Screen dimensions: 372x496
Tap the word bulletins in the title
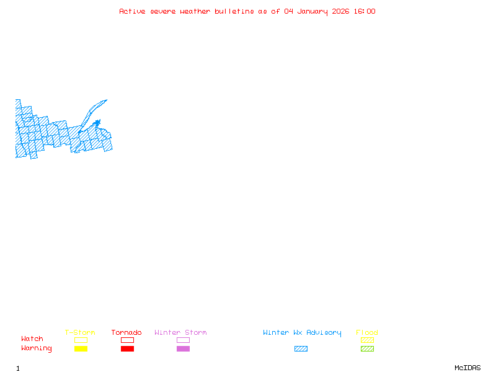tap(234, 11)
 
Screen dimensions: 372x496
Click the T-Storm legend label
tap(80, 333)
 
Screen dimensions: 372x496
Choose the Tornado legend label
tap(126, 333)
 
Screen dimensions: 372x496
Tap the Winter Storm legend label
tap(180, 333)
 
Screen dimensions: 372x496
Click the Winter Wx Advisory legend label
tap(302, 333)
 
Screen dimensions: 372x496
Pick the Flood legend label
tap(367, 333)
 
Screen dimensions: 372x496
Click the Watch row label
tap(32, 339)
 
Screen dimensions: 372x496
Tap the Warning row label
tap(37, 348)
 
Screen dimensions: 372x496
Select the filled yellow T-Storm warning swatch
tap(81, 349)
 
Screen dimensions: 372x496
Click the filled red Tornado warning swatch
tap(127, 349)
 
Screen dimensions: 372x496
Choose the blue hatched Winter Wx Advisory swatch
tap(301, 349)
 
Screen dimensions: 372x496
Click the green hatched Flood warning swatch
tap(367, 349)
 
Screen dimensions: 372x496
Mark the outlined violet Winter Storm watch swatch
tap(183, 340)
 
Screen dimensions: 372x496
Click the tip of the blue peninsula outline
tap(107, 100)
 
